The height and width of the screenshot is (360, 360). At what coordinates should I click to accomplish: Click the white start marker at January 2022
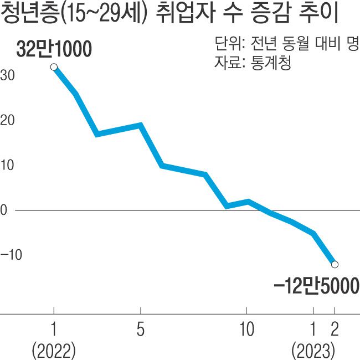[54, 67]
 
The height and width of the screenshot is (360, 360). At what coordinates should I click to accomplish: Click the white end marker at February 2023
[334, 264]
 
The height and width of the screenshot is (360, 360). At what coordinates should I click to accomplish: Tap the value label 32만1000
[54, 50]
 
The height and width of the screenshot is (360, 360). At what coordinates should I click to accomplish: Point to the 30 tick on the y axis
[8, 75]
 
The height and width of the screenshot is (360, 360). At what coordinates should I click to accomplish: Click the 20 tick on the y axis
[8, 121]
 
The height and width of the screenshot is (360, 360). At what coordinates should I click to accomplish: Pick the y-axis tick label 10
[8, 166]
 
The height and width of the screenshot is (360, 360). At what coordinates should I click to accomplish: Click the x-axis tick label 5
[140, 330]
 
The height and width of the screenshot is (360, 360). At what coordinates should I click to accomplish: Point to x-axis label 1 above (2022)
[54, 330]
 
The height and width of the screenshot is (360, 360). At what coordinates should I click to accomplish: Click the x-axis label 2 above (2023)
[334, 330]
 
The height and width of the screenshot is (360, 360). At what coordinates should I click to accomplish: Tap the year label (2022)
[54, 351]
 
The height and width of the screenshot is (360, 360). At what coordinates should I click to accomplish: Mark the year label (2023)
[314, 351]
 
